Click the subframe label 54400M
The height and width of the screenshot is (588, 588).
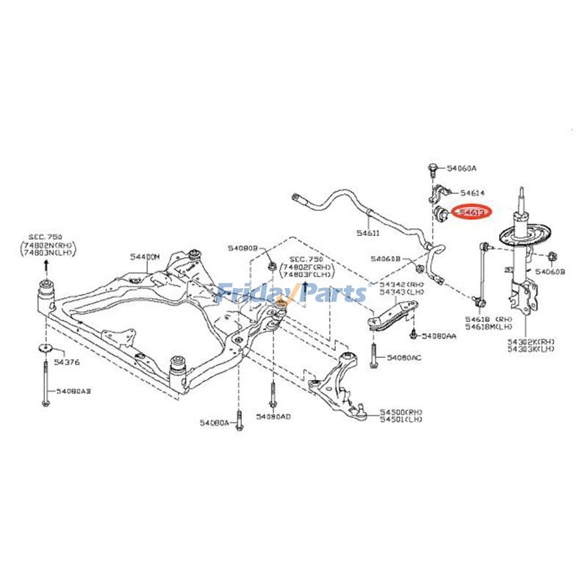click(x=145, y=256)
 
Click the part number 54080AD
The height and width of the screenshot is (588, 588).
click(x=273, y=417)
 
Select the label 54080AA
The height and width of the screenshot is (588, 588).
click(x=439, y=335)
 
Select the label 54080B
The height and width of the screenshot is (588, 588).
click(x=242, y=248)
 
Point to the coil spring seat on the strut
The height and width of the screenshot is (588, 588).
click(x=523, y=237)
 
